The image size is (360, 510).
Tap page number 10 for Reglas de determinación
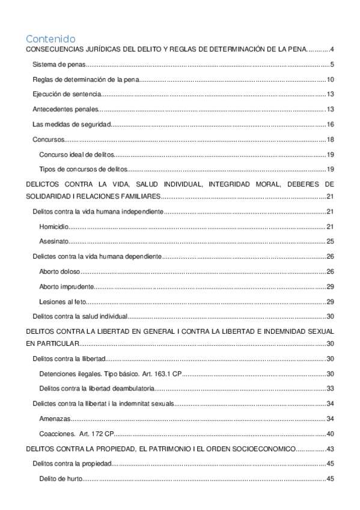point(330,80)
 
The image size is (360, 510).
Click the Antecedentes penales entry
point(64,109)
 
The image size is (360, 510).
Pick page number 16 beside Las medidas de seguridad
point(330,124)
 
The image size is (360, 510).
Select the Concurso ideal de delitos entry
point(75,155)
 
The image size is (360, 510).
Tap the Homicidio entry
point(53,227)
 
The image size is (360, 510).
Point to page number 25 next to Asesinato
point(330,242)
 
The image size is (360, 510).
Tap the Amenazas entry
point(55,418)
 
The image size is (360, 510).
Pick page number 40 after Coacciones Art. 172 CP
point(330,433)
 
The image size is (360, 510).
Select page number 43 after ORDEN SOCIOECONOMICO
point(330,449)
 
